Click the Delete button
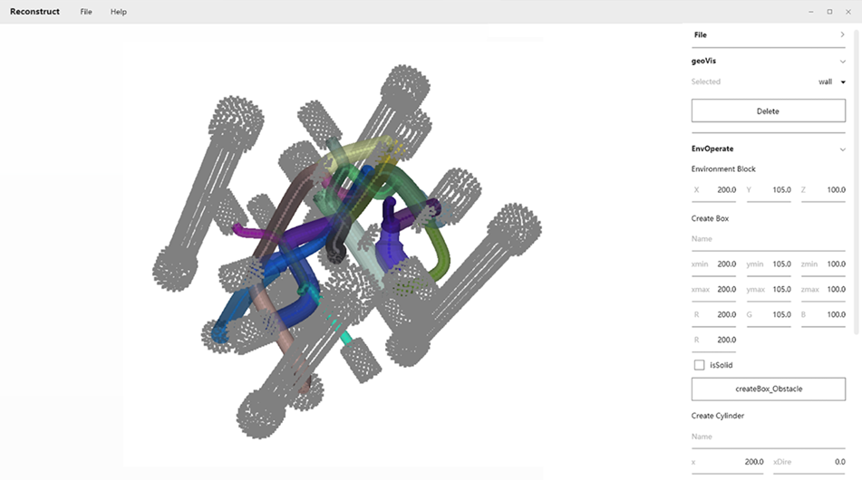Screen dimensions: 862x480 (768, 110)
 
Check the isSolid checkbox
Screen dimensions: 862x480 (699, 365)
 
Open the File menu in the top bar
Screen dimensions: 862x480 (86, 12)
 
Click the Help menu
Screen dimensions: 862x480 (118, 12)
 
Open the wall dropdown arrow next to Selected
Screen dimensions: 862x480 (843, 82)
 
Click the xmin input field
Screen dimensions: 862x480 (713, 264)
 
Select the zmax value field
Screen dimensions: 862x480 (823, 290)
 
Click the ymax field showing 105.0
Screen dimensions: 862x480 (769, 290)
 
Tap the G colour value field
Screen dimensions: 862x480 (769, 314)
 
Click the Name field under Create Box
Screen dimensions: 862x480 (768, 239)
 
